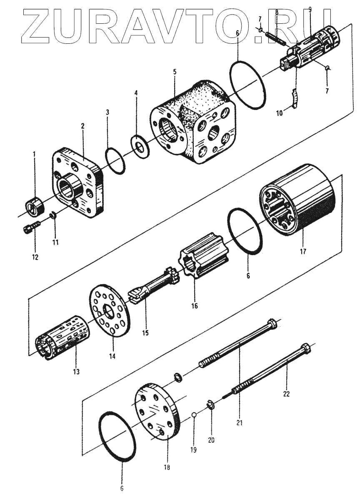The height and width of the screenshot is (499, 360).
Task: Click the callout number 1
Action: (34, 155)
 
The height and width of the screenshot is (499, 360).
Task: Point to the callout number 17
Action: (302, 252)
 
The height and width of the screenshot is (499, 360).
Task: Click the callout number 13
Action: (76, 371)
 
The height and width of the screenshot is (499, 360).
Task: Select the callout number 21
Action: (239, 423)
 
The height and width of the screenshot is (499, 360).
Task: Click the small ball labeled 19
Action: (194, 415)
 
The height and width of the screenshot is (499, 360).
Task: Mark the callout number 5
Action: (175, 71)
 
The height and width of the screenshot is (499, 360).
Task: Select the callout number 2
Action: (83, 125)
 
